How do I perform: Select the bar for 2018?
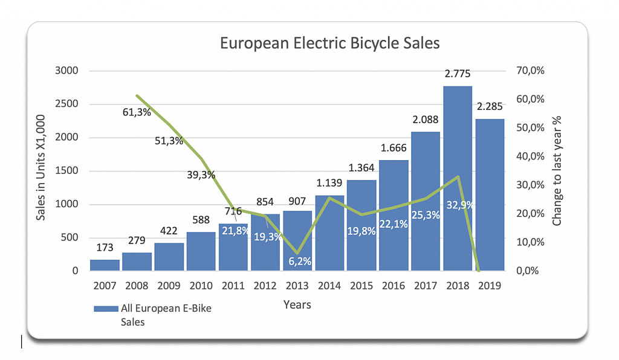pyautogui.click(x=458, y=181)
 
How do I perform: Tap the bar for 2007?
pyautogui.click(x=105, y=265)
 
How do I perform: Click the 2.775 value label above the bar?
pyautogui.click(x=458, y=74)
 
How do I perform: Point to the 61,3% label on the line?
pyautogui.click(x=137, y=112)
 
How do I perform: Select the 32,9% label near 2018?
pyautogui.click(x=457, y=205)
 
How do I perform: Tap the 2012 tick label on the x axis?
pyautogui.click(x=265, y=286)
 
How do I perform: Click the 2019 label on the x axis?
pyautogui.click(x=490, y=286)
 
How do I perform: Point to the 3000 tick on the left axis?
pyautogui.click(x=67, y=71)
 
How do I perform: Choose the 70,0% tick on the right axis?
pyautogui.click(x=531, y=71)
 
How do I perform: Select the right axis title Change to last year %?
pyautogui.click(x=557, y=171)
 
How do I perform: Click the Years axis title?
pyautogui.click(x=297, y=305)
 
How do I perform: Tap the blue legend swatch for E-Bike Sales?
pyautogui.click(x=106, y=309)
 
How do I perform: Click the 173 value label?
pyautogui.click(x=105, y=248)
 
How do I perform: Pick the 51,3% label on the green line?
pyautogui.click(x=169, y=141)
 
